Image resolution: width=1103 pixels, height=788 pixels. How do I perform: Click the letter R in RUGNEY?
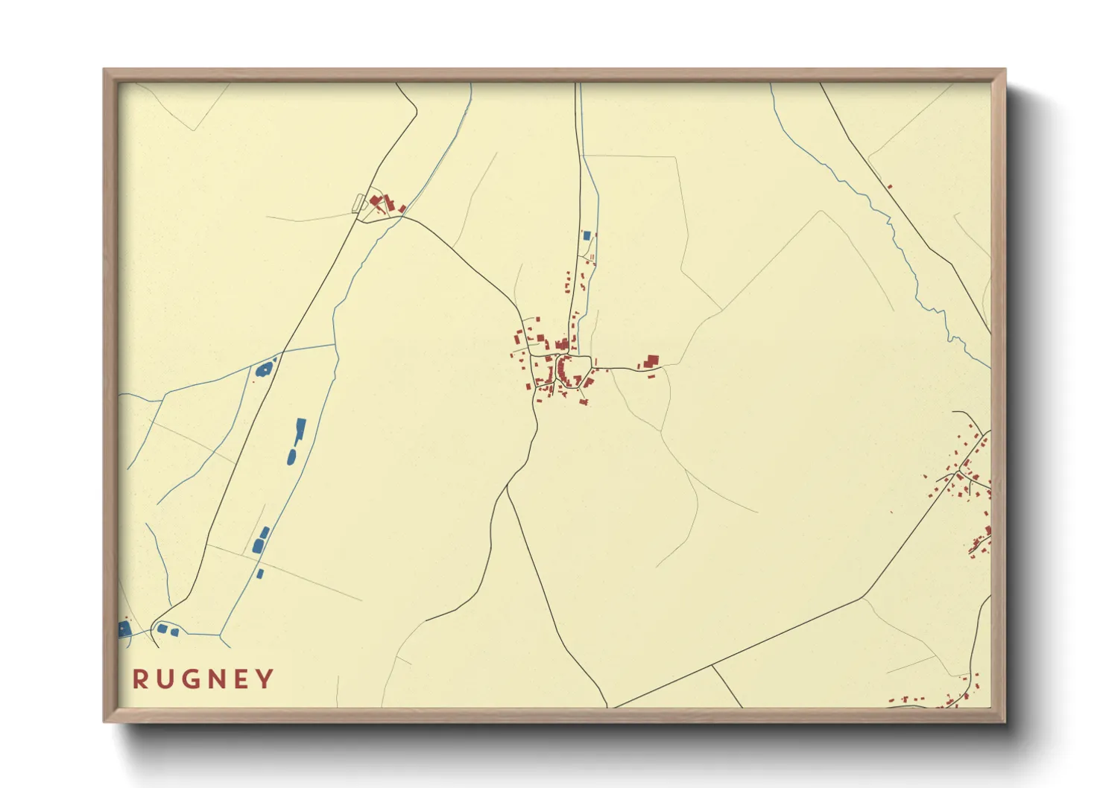click(139, 679)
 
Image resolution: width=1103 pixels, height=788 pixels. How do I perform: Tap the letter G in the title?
click(193, 679)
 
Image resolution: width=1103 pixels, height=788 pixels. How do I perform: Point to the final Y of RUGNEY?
click(265, 679)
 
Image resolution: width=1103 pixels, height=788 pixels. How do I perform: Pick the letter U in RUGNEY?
click(165, 679)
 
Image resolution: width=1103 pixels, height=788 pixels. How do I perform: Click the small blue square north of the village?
click(587, 235)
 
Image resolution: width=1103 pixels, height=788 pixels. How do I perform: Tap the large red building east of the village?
click(651, 361)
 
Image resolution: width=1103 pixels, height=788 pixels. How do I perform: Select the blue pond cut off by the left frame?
click(124, 629)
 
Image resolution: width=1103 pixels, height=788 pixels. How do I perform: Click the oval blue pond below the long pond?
click(291, 456)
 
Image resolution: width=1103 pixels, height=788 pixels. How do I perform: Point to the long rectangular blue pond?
click(300, 428)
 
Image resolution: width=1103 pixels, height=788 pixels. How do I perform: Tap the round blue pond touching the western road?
click(263, 369)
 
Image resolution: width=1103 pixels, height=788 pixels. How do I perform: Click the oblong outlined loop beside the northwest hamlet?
click(359, 203)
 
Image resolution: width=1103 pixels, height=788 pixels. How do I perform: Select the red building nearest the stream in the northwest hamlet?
click(401, 209)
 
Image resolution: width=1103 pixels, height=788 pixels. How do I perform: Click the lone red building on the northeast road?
click(889, 186)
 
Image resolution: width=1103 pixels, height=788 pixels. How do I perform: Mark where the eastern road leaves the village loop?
click(592, 366)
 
